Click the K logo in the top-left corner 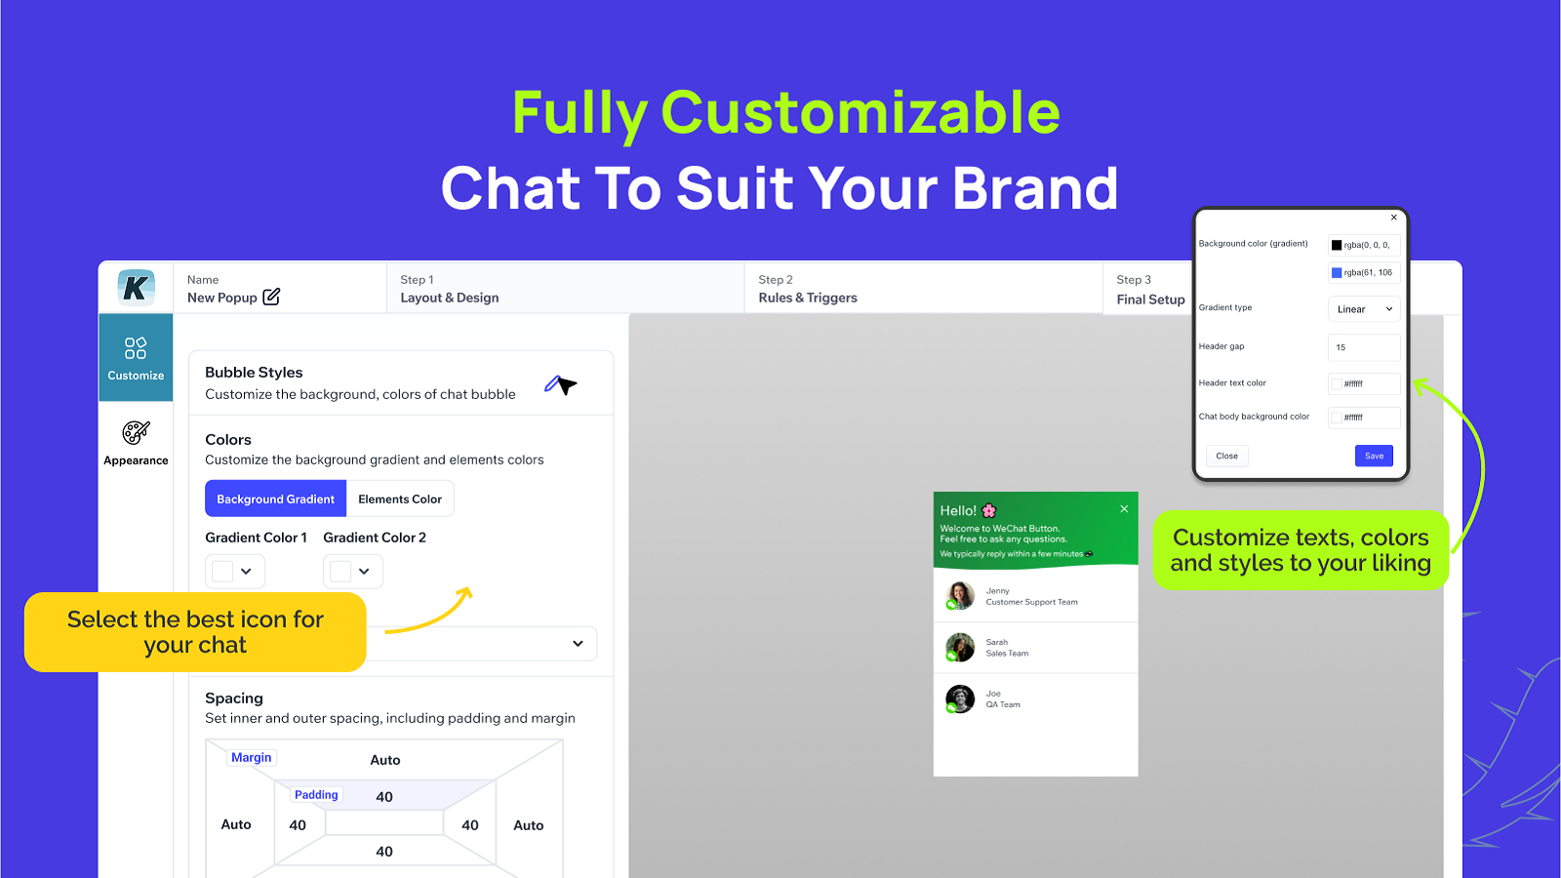point(136,288)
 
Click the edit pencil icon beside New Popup point(271,297)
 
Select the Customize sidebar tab point(136,357)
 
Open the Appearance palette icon point(136,432)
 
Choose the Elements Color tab point(400,499)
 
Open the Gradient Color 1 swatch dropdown point(235,572)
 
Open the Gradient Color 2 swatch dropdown point(353,572)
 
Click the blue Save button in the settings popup point(1374,456)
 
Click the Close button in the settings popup point(1226,456)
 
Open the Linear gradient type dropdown point(1364,309)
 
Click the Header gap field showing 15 point(1364,347)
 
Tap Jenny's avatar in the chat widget point(960,595)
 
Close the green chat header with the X point(1124,508)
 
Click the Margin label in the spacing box point(252,757)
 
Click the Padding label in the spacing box point(316,794)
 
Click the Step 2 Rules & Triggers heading point(808,298)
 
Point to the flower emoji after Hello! point(989,510)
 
